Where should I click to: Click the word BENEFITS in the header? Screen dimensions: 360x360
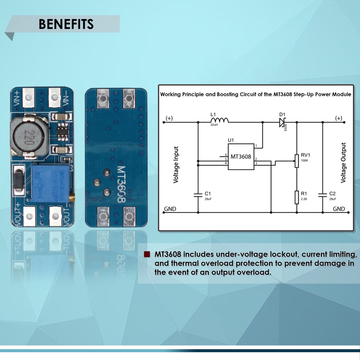[66, 24]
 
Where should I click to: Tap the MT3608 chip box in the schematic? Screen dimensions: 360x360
[241, 157]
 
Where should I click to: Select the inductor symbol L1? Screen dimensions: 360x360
[219, 120]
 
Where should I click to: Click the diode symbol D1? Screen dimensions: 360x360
[282, 122]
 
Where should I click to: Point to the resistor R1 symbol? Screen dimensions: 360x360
[297, 198]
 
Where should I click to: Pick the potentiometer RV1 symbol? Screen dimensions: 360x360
[297, 161]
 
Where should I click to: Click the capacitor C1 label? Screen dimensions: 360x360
[207, 194]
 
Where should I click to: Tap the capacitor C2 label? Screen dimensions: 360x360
[333, 194]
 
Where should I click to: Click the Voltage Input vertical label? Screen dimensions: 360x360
[176, 165]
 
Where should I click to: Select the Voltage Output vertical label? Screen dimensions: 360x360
[343, 162]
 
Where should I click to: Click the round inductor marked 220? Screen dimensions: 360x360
[29, 137]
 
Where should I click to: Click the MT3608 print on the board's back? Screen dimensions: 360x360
[121, 184]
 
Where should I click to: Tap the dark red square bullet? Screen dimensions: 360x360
[147, 254]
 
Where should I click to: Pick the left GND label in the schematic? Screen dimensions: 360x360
[170, 209]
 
